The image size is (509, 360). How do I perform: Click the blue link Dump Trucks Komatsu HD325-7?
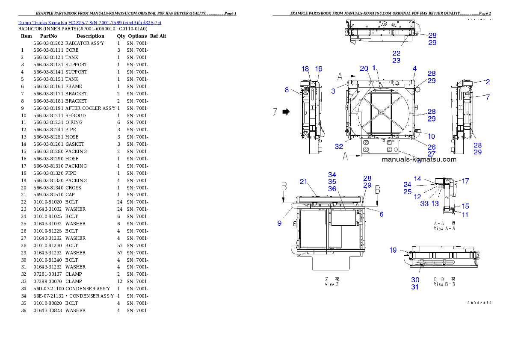[89, 23]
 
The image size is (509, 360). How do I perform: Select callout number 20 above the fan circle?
[364, 69]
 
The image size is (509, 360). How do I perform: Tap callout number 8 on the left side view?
[287, 90]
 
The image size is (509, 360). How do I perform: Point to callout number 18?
[305, 69]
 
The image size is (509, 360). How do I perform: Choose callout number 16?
[318, 69]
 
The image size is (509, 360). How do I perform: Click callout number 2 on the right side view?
[488, 82]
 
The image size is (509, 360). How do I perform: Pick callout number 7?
[488, 97]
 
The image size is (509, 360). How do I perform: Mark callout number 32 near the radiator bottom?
[339, 146]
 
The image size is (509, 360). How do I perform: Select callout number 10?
[432, 136]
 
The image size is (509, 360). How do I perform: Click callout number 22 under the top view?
[397, 53]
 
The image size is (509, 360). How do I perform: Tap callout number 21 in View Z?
[304, 182]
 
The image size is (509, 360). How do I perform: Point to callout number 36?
[332, 189]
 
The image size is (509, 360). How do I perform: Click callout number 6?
[382, 214]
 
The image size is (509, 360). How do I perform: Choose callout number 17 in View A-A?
[465, 181]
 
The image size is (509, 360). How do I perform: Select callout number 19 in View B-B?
[393, 250]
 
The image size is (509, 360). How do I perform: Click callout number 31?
[415, 287]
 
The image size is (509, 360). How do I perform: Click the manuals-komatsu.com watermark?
[419, 159]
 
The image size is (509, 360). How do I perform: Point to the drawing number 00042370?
[479, 303]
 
